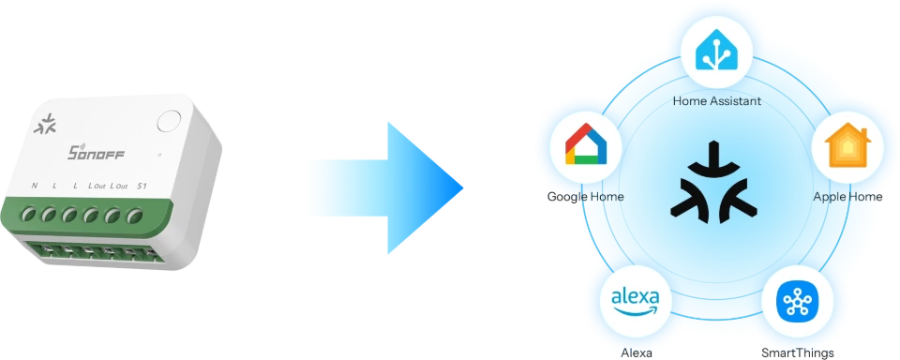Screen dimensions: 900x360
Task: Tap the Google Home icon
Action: (585, 144)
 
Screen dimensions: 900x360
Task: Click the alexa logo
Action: (636, 302)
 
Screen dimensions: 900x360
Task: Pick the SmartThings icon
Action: (797, 302)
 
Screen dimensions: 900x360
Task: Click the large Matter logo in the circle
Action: (713, 182)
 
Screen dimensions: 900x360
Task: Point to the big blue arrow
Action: (386, 187)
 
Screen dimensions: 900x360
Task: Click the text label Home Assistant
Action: (716, 101)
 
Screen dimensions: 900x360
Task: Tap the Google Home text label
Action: (585, 197)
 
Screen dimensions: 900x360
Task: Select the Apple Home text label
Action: (847, 197)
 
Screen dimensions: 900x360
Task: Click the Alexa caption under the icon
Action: (636, 352)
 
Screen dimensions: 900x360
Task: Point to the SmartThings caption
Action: (797, 352)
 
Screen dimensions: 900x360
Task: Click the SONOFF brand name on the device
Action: (97, 153)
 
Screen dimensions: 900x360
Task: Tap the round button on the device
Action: (168, 121)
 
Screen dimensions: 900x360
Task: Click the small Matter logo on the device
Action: (45, 124)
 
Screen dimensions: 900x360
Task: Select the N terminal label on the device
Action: (35, 186)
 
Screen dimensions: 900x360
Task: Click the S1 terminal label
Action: (142, 186)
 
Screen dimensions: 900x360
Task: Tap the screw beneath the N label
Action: (29, 215)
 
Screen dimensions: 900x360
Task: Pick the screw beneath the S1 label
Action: (134, 216)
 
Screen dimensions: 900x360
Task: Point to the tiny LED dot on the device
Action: (159, 155)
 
